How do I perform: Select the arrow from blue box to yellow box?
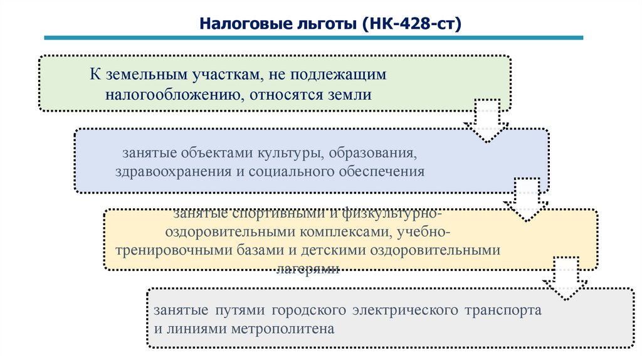(526, 200)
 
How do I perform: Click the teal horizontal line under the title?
(313, 38)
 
